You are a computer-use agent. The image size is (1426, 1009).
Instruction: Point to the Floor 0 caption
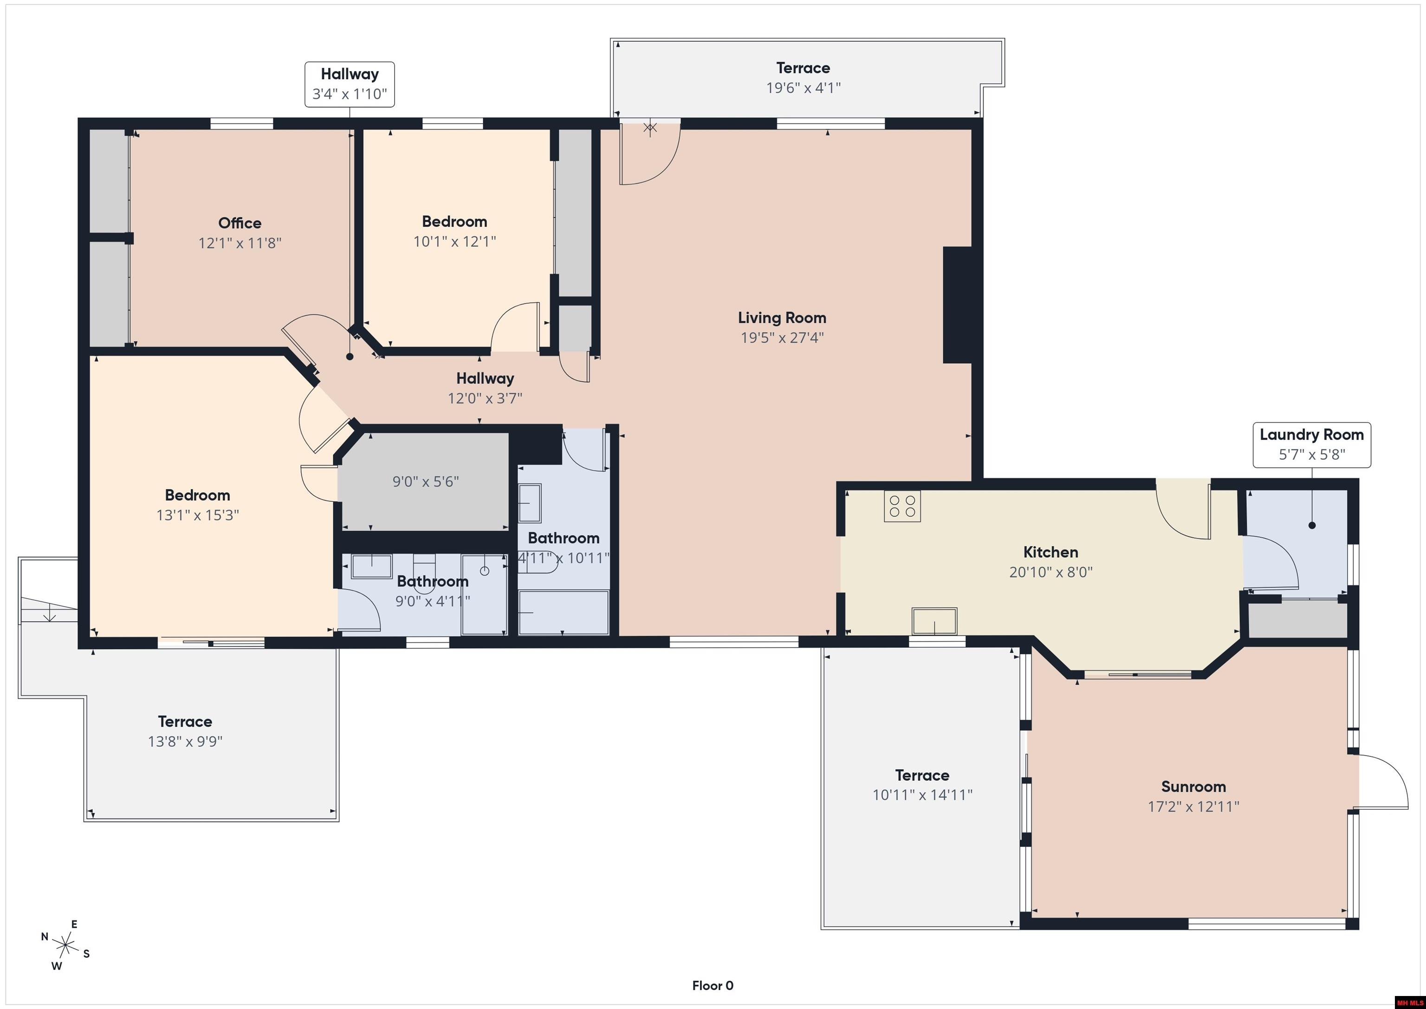(713, 986)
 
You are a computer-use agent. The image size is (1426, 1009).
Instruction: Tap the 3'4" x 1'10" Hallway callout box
(349, 85)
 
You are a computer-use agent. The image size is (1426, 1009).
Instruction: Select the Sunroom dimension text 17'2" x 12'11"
(1193, 807)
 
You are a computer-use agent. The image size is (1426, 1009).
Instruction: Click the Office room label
(240, 223)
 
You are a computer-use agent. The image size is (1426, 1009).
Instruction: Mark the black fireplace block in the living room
(957, 305)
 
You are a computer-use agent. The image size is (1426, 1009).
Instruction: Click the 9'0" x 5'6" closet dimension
(426, 482)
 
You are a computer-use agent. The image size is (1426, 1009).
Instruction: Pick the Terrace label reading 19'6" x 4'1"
(803, 78)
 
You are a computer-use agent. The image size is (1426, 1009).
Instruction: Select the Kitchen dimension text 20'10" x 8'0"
(1050, 572)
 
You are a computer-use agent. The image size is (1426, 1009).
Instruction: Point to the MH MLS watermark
(1409, 1002)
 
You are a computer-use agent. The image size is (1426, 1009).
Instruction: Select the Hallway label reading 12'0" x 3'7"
(485, 388)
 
